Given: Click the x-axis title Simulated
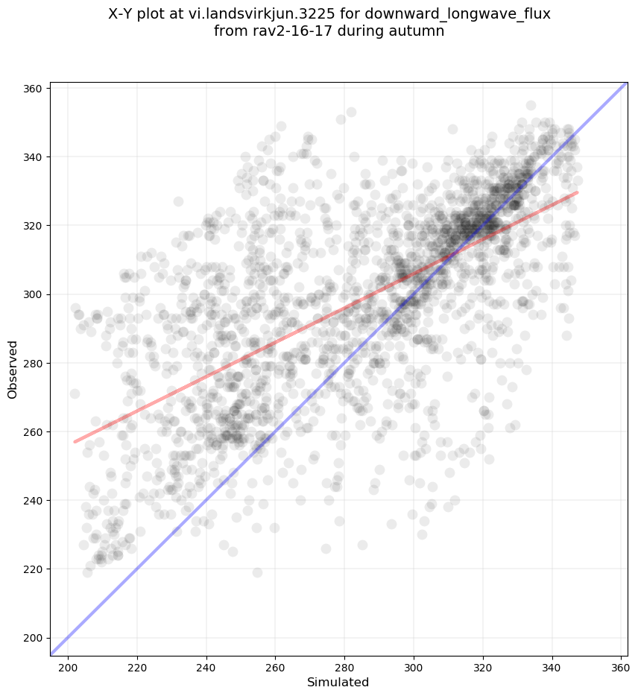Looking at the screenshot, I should [x=338, y=682].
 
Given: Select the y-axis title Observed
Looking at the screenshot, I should [x=13, y=369].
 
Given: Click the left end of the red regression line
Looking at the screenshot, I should [x=75, y=442].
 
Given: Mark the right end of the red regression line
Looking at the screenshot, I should [x=577, y=192].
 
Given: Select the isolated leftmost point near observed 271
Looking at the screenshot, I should [x=75, y=393].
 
